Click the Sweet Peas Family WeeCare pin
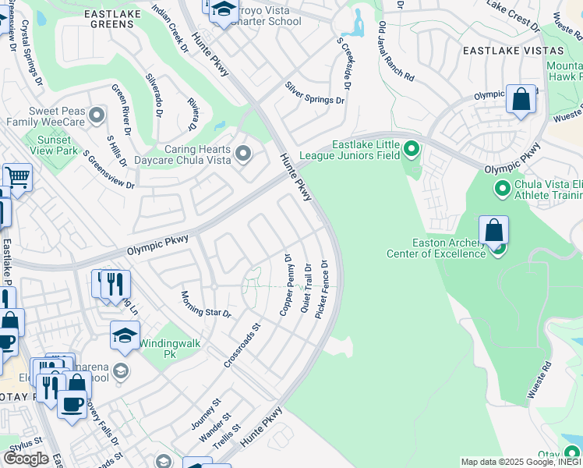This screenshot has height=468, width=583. point(97,116)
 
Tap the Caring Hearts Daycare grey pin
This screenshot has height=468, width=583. point(243,154)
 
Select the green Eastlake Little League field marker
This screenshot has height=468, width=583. point(412,148)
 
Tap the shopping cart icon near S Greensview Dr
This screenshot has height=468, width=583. point(16,177)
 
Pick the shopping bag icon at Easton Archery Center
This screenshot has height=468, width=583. point(493,231)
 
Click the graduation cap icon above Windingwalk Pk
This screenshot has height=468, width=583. point(125,335)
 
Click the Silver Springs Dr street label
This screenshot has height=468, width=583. point(314,94)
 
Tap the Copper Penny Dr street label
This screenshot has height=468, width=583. point(285,284)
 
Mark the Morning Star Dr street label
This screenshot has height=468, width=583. point(206,303)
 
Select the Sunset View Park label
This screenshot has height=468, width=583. point(51,145)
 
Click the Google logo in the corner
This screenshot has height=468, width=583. point(26,459)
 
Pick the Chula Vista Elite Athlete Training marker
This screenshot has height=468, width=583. point(502,188)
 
